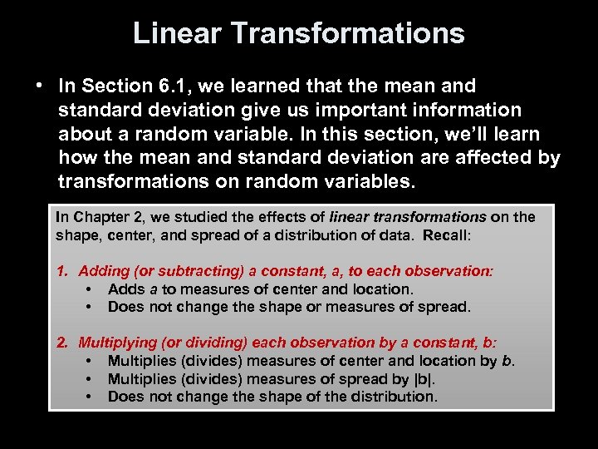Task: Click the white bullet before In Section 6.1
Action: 39,86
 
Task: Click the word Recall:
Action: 447,235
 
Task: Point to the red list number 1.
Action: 61,271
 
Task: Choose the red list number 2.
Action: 61,343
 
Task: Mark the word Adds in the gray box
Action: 125,289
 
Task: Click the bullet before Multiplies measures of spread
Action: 88,379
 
